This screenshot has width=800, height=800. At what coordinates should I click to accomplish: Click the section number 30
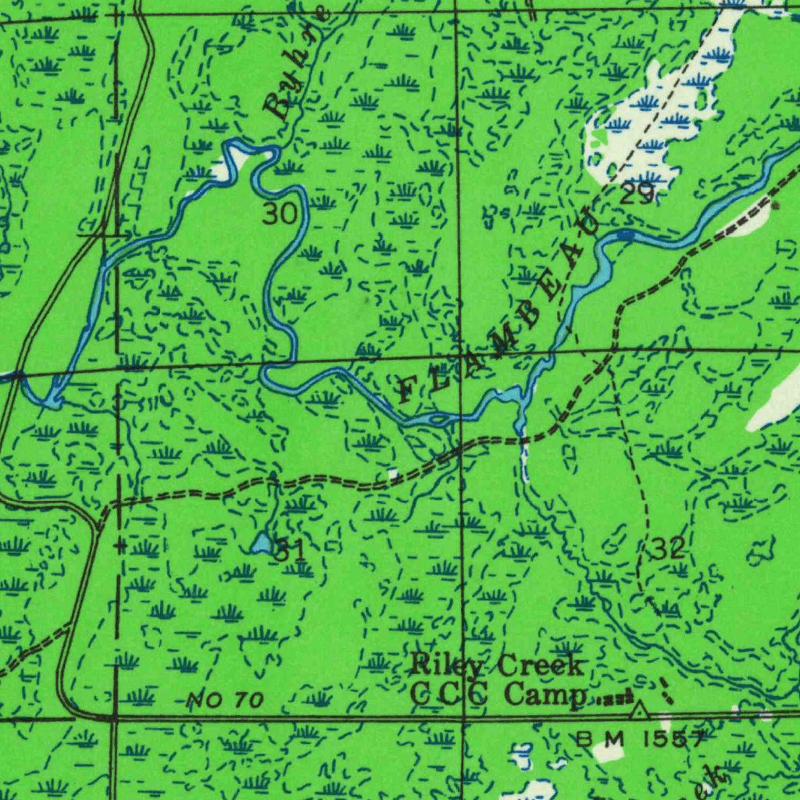279,213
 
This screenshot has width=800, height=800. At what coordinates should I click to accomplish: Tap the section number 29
637,194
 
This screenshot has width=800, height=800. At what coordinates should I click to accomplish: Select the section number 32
668,548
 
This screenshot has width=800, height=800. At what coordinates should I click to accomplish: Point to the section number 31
289,550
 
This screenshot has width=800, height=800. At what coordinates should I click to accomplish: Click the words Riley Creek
498,666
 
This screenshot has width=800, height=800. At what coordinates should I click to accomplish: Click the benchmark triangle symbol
640,710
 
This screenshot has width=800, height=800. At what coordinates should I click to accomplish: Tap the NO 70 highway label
226,700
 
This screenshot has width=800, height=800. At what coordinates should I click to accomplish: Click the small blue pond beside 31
262,543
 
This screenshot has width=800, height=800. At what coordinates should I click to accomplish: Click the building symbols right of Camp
617,698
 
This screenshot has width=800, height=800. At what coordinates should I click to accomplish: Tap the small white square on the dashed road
393,473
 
